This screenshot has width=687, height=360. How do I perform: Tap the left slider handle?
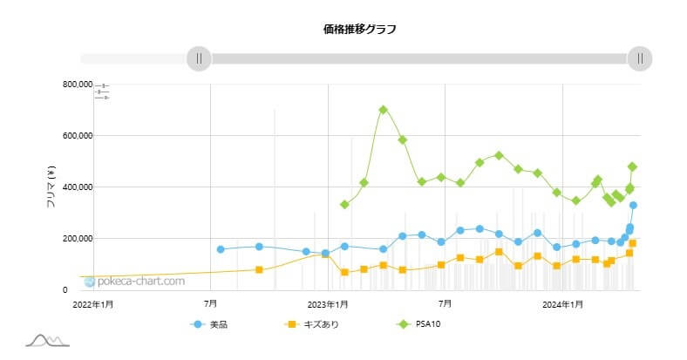click(x=199, y=58)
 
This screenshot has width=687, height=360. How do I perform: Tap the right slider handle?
click(x=640, y=58)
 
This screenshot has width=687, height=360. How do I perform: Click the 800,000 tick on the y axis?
click(x=71, y=85)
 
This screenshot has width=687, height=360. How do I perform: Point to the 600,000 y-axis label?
click(x=71, y=136)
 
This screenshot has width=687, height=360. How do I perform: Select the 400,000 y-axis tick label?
click(x=71, y=187)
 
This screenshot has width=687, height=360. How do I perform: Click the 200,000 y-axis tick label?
click(x=71, y=239)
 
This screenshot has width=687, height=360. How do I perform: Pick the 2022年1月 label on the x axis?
click(x=92, y=304)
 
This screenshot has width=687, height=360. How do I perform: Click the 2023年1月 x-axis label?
click(x=328, y=304)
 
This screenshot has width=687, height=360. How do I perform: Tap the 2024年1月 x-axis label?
click(x=563, y=304)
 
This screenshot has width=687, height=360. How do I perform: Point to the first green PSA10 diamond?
click(x=344, y=204)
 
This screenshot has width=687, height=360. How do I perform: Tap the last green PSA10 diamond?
click(x=632, y=166)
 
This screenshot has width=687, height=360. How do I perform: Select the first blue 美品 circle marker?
click(x=221, y=249)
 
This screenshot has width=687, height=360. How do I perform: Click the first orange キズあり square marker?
click(x=259, y=270)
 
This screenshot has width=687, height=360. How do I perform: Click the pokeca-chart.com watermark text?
click(x=139, y=282)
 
